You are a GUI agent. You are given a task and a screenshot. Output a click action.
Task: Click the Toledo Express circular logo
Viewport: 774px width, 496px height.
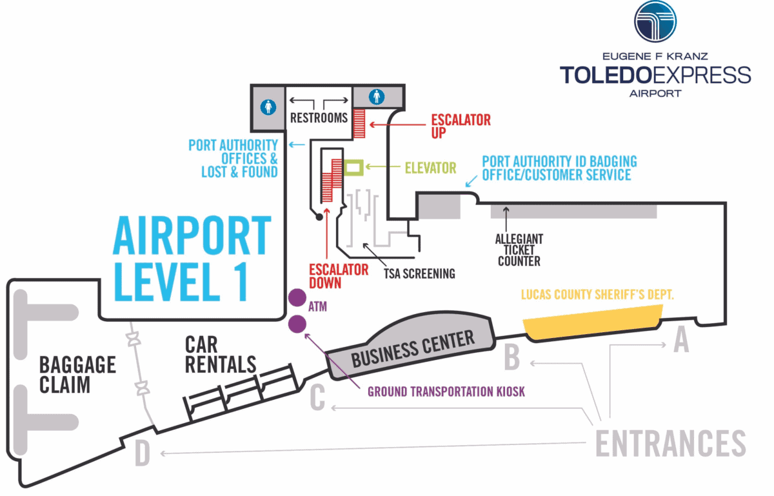pyautogui.click(x=655, y=21)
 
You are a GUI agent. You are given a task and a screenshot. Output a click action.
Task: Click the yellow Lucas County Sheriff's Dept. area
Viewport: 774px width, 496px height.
pyautogui.click(x=592, y=322)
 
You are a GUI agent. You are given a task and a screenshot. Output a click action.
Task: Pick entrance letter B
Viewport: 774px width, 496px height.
pyautogui.click(x=511, y=359)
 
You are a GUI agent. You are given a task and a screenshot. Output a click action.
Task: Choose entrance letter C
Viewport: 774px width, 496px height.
pyautogui.click(x=317, y=399)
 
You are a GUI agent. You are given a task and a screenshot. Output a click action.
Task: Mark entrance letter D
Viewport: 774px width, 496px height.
pyautogui.click(x=143, y=453)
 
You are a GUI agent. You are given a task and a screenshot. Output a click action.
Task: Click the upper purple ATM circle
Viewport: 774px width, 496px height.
pyautogui.click(x=297, y=297)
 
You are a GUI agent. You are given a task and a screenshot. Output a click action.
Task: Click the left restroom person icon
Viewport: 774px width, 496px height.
pyautogui.click(x=269, y=106)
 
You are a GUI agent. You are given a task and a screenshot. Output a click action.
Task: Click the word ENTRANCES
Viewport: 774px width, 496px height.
pyautogui.click(x=670, y=443)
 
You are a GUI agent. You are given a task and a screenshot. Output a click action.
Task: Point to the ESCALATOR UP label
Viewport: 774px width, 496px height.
pyautogui.click(x=461, y=126)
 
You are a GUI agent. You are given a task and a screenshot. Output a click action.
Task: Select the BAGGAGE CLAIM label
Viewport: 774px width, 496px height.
pyautogui.click(x=77, y=374)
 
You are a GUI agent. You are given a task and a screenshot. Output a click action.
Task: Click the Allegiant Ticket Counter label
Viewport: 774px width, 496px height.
pyautogui.click(x=519, y=250)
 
